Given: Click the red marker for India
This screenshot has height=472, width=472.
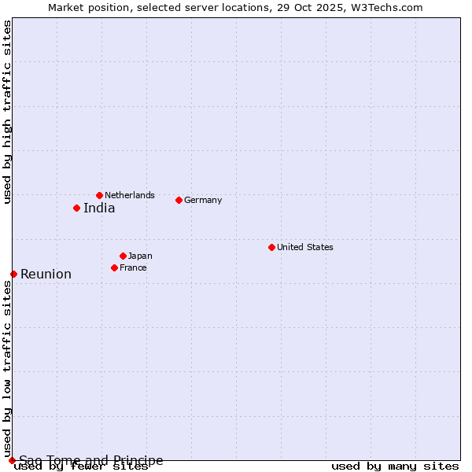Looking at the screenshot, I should click(x=76, y=208).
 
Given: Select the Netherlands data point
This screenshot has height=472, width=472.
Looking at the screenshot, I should click(x=99, y=195).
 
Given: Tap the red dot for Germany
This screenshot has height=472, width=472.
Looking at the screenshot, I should click(x=179, y=200).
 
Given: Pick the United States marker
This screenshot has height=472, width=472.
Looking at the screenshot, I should click(x=271, y=247).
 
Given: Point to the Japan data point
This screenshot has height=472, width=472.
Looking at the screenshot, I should click(x=123, y=256).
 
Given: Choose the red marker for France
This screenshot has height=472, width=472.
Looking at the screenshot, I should click(x=114, y=267).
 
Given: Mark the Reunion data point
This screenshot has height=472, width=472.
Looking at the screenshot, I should click(x=13, y=274).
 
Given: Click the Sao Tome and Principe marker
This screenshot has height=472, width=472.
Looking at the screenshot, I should click(x=12, y=460).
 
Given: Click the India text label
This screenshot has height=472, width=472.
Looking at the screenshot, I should click(x=99, y=208).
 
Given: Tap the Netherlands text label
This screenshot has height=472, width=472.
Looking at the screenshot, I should click(x=130, y=195).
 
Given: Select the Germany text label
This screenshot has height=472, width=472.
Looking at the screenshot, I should click(x=203, y=200).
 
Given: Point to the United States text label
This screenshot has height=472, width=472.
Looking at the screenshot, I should click(x=305, y=247).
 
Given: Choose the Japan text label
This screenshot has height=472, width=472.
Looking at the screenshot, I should click(x=140, y=256).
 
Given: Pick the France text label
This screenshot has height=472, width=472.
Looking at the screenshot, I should click(x=133, y=267).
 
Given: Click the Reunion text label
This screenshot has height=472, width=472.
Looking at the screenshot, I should click(x=46, y=275).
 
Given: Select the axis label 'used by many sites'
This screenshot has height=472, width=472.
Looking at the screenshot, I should click(x=395, y=466).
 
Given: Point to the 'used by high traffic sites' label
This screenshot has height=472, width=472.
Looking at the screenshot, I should click(x=7, y=112).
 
